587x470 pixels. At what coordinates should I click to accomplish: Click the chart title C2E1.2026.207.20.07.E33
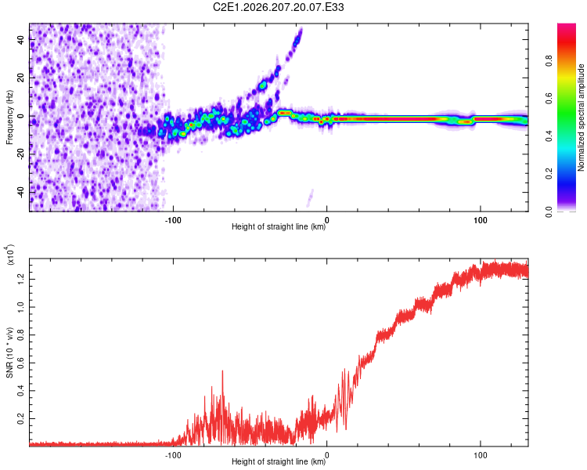[x=278, y=7]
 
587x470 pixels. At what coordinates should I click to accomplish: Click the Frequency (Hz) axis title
[x=9, y=117]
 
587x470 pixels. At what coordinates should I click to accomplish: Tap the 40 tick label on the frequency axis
[x=20, y=39]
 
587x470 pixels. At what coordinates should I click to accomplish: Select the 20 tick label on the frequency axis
[x=20, y=78]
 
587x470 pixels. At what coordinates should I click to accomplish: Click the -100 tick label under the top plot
[x=173, y=220]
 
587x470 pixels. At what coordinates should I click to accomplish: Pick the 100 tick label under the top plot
[x=481, y=220]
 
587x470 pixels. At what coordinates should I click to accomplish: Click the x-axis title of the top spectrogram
[x=279, y=226]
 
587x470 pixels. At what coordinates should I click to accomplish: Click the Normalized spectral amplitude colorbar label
[x=581, y=117]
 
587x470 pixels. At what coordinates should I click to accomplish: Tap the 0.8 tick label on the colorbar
[x=549, y=60]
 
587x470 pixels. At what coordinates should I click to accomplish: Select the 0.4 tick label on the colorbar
[x=549, y=136]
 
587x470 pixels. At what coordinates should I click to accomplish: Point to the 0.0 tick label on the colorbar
[x=549, y=211]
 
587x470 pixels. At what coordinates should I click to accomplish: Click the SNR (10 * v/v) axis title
[x=9, y=352]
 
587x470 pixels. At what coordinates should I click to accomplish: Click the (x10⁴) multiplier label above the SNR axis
[x=10, y=255]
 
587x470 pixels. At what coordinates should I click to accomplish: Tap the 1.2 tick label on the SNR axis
[x=20, y=279]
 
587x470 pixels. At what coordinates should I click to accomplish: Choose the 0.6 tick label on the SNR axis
[x=20, y=363]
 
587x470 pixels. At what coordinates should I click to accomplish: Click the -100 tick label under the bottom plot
[x=173, y=455]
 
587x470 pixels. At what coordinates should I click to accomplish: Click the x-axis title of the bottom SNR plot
[x=279, y=461]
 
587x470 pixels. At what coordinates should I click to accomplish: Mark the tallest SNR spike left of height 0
[x=223, y=371]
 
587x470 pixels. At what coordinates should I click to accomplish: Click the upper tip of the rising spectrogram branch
[x=301, y=29]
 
